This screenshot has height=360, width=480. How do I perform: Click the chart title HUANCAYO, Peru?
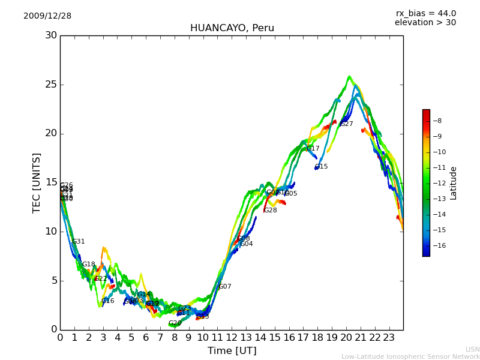click(232, 28)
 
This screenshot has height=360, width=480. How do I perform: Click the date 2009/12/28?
click(47, 16)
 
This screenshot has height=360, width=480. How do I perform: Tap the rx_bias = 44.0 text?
click(425, 13)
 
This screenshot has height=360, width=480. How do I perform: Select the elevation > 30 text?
click(425, 23)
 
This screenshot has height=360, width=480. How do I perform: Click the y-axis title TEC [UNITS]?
click(37, 182)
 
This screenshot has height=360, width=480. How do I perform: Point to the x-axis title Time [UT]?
click(232, 350)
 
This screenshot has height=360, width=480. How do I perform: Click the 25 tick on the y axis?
click(50, 85)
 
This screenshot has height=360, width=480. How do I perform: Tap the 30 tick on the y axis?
click(50, 35)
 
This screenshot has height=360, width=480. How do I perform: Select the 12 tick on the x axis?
click(232, 337)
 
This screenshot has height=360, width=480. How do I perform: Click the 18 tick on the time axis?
click(317, 337)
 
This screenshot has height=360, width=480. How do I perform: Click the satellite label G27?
click(347, 124)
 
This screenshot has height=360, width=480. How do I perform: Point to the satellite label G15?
click(322, 167)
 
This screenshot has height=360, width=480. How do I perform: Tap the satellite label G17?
click(313, 149)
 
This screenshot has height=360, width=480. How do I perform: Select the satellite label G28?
click(271, 211)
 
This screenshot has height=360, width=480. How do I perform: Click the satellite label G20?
click(175, 323)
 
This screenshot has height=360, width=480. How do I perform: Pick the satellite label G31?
click(79, 242)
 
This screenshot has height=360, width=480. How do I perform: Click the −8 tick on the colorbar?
click(437, 121)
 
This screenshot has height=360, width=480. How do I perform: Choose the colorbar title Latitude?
click(454, 183)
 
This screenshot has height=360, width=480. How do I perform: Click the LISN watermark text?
click(473, 349)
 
